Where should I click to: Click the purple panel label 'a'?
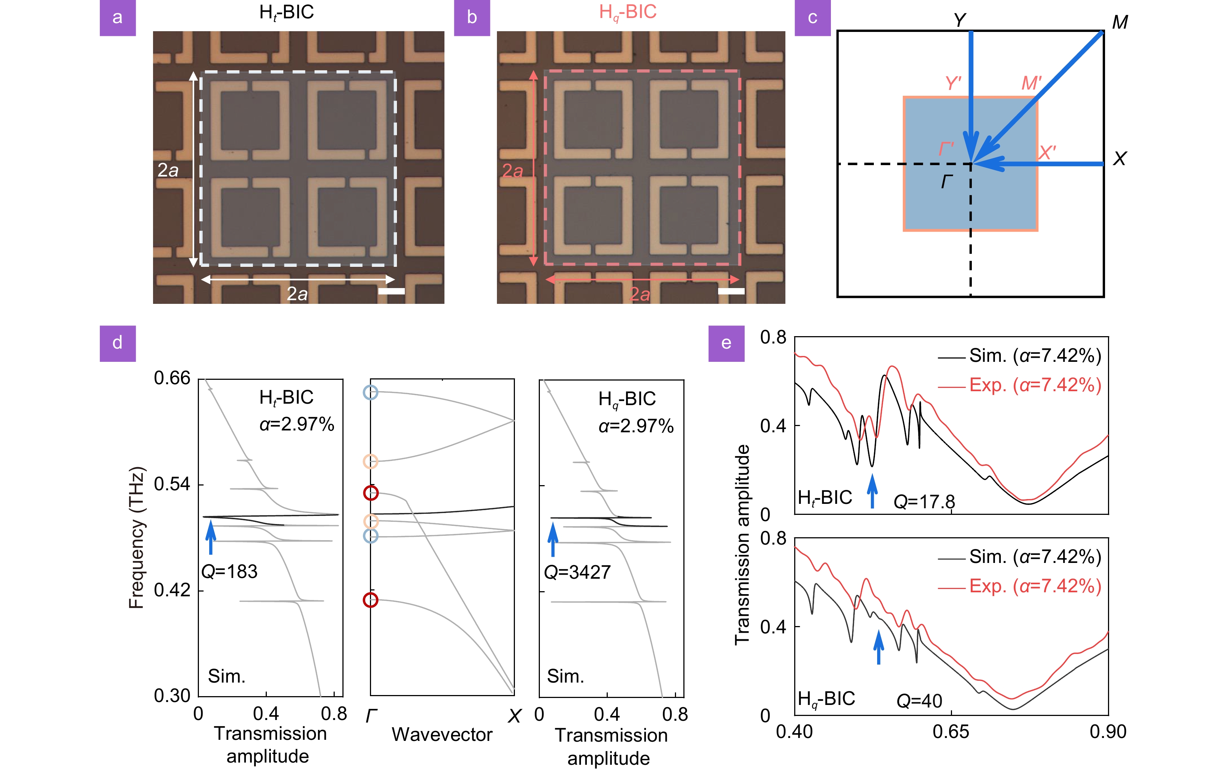click(x=117, y=18)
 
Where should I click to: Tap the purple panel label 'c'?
click(x=813, y=18)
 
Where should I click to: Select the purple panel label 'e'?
click(x=726, y=343)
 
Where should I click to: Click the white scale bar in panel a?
click(x=392, y=291)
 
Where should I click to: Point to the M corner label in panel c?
click(x=1120, y=22)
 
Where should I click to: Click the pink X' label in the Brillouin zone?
click(x=1047, y=152)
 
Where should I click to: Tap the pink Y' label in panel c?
click(x=953, y=83)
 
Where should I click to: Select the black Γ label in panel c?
click(x=947, y=182)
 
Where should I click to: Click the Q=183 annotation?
click(x=229, y=572)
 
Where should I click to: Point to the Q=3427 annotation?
click(x=577, y=572)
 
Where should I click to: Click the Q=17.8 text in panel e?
click(x=924, y=502)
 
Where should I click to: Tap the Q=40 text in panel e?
click(x=919, y=701)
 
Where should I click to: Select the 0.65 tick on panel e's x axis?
click(x=951, y=732)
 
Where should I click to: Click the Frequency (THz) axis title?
click(x=137, y=538)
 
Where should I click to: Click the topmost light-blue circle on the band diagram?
click(x=370, y=392)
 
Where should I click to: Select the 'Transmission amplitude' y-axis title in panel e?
click(x=742, y=545)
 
